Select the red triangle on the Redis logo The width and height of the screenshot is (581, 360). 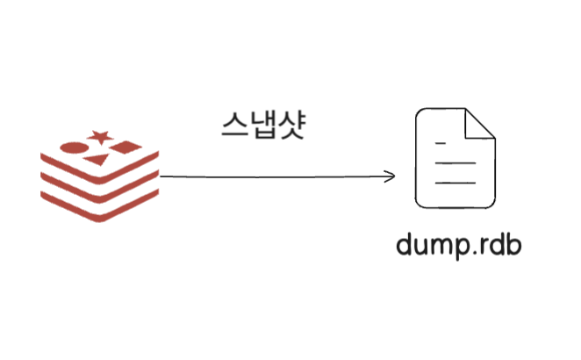(97, 160)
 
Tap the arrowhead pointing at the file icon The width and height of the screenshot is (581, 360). (391, 176)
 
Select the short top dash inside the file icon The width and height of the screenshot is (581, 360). (441, 142)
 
